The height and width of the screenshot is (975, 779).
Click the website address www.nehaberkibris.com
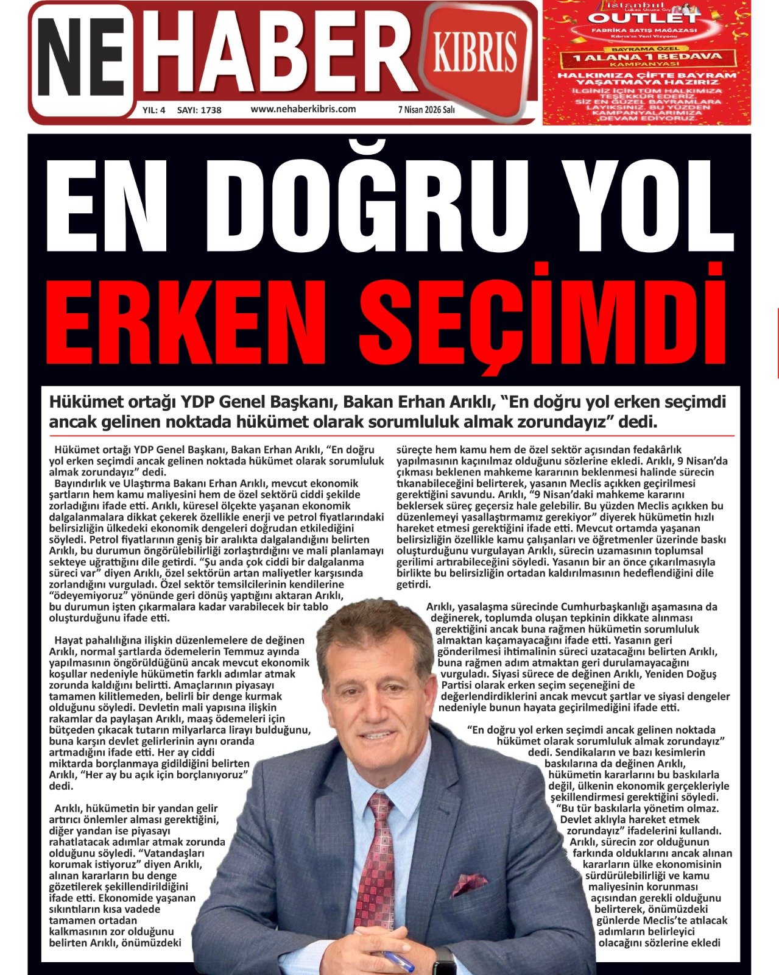pyautogui.click(x=303, y=109)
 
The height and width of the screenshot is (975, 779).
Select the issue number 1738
pyautogui.click(x=211, y=110)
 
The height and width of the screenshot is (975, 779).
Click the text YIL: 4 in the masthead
pyautogui.click(x=153, y=110)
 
